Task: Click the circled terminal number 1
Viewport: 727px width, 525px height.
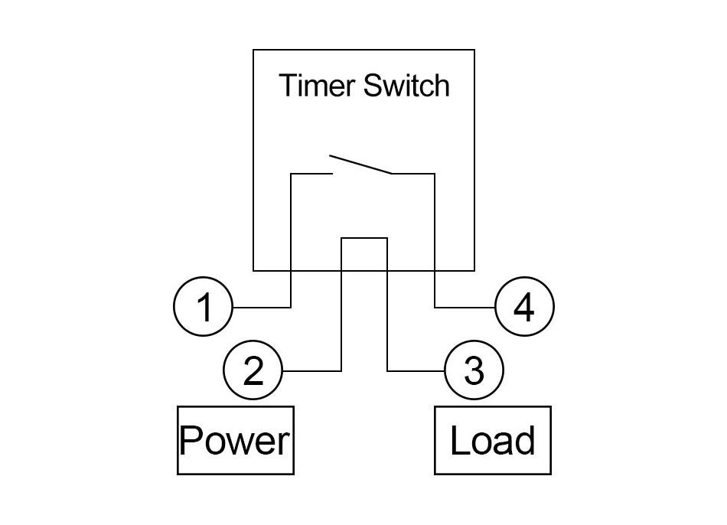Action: coord(203,307)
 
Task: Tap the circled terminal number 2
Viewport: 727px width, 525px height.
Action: coord(253,370)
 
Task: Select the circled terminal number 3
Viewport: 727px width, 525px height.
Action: coord(474,370)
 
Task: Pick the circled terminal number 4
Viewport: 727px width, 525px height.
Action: coord(524,307)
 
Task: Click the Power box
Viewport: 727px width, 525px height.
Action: coord(236,440)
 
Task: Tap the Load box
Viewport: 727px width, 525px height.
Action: coord(493,440)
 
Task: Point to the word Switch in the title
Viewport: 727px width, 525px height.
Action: coord(406,86)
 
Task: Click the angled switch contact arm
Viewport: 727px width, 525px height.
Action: coord(360,165)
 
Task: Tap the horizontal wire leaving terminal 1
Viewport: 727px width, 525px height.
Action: coord(262,307)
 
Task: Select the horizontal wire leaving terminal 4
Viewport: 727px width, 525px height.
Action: coord(465,307)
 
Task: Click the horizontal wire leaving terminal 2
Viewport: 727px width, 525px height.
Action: coord(311,371)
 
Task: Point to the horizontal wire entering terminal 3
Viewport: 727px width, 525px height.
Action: coord(416,371)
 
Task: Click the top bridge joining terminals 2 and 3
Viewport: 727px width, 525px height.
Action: coord(364,238)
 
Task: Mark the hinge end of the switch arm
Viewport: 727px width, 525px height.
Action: coord(392,174)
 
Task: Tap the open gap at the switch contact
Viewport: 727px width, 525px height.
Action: coord(331,165)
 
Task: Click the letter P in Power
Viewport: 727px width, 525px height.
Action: coord(190,440)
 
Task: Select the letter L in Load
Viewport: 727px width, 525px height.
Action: coord(459,440)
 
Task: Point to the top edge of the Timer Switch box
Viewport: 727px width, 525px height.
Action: coord(364,50)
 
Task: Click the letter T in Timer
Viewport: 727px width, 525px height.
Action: coord(289,86)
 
